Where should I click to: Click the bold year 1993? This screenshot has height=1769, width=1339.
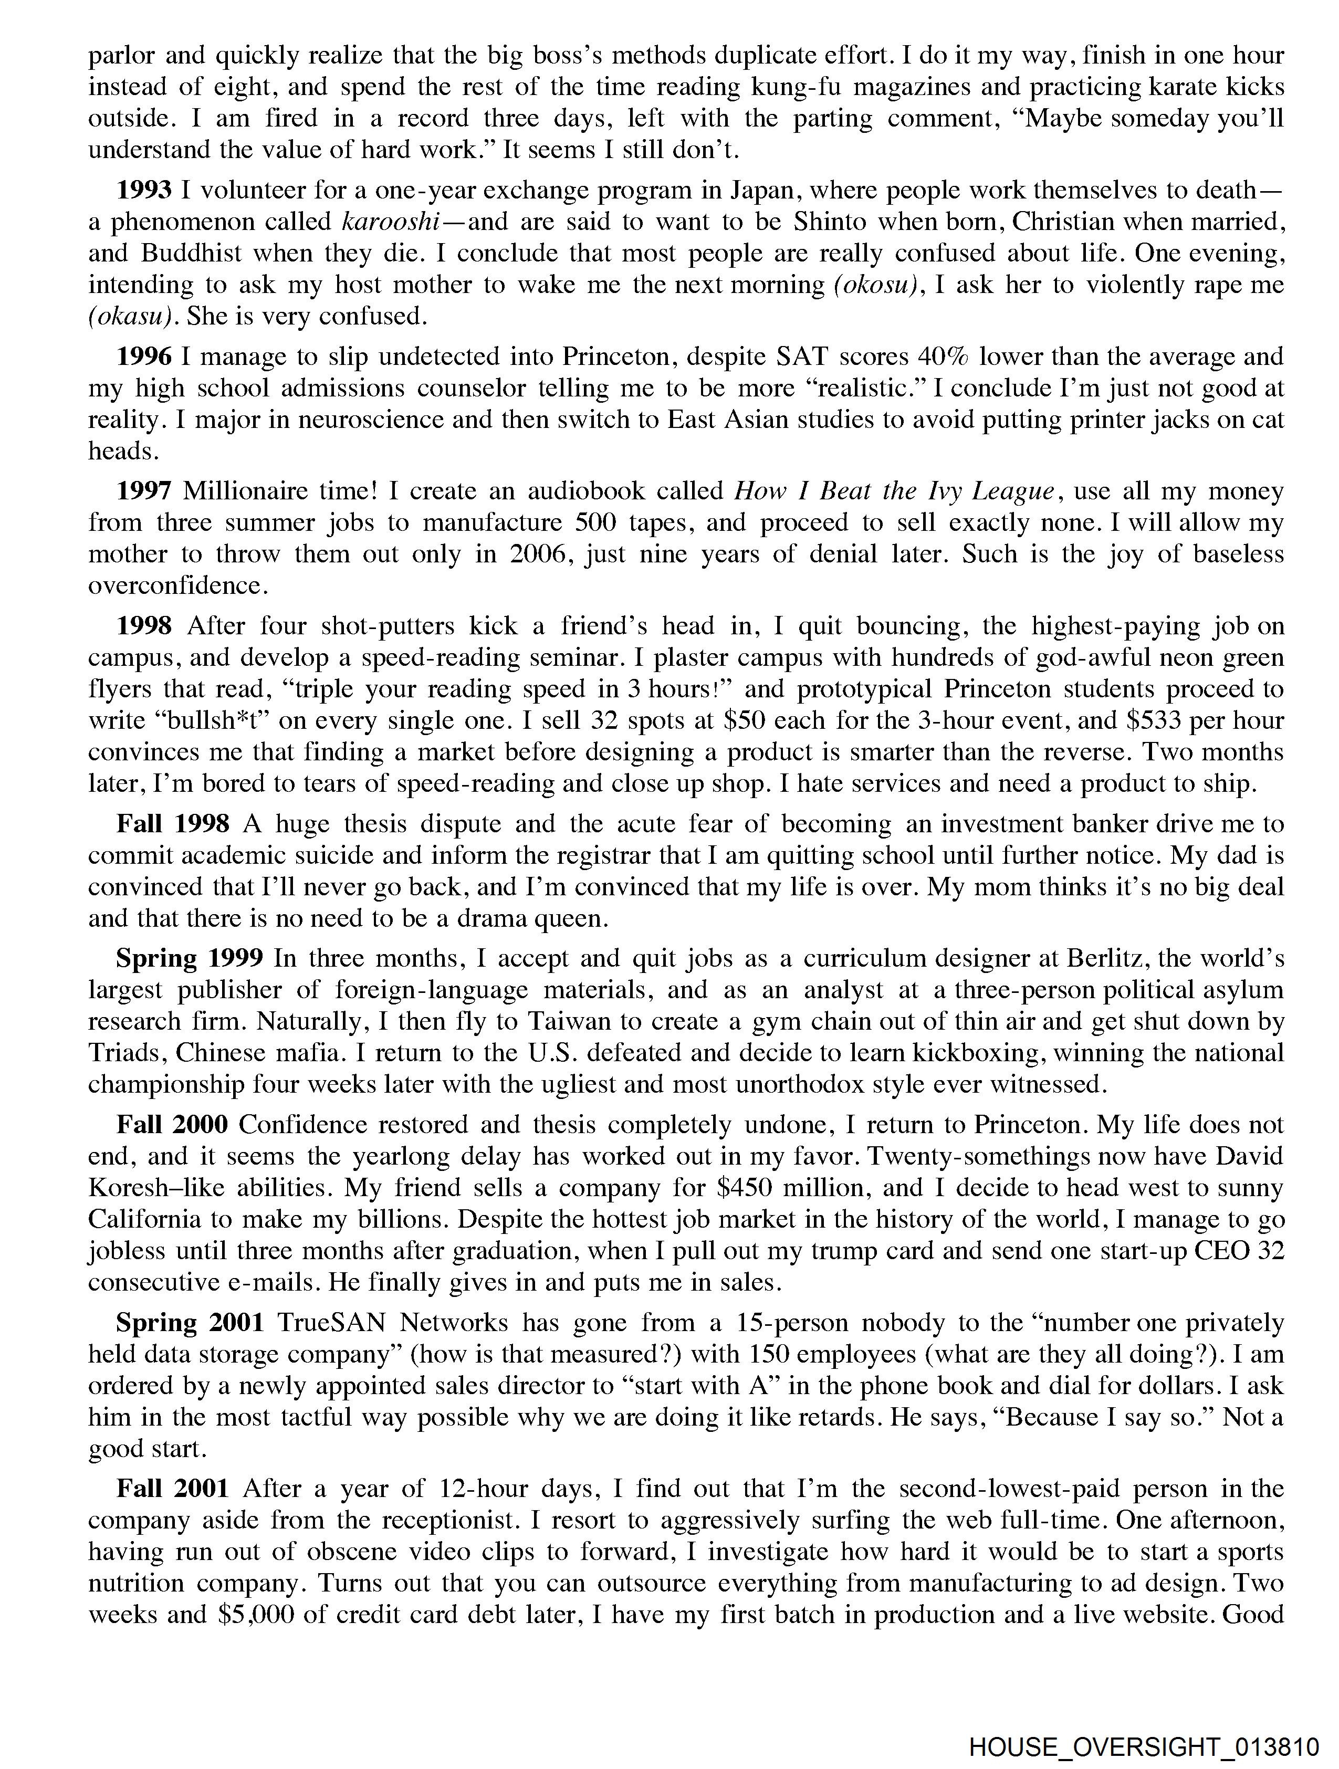144,190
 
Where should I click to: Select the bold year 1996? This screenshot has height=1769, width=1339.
144,357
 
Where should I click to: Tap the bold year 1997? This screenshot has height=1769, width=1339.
144,491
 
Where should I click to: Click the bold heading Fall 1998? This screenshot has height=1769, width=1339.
173,824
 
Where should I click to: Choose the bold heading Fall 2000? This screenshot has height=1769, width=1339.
173,1124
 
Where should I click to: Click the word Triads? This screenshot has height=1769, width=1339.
127,1053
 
